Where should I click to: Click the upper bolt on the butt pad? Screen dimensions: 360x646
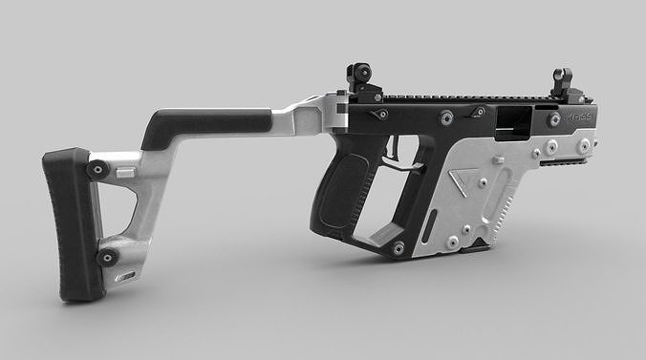point(97,170)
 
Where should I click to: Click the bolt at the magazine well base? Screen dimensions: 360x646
point(398,249)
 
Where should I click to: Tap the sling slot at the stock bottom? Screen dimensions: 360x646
point(125,277)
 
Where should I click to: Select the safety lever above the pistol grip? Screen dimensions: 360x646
point(381,115)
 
